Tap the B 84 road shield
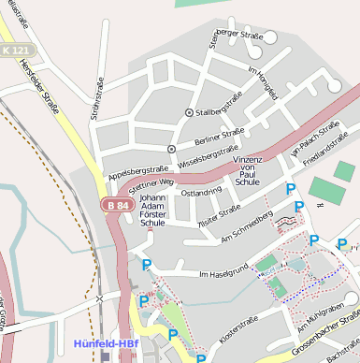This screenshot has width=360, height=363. click(x=115, y=205)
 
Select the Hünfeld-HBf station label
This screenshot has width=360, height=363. click(x=107, y=344)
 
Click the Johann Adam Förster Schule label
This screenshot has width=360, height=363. click(x=152, y=211)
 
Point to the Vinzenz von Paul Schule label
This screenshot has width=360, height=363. click(x=248, y=173)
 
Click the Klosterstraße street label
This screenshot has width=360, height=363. click(x=238, y=328)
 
